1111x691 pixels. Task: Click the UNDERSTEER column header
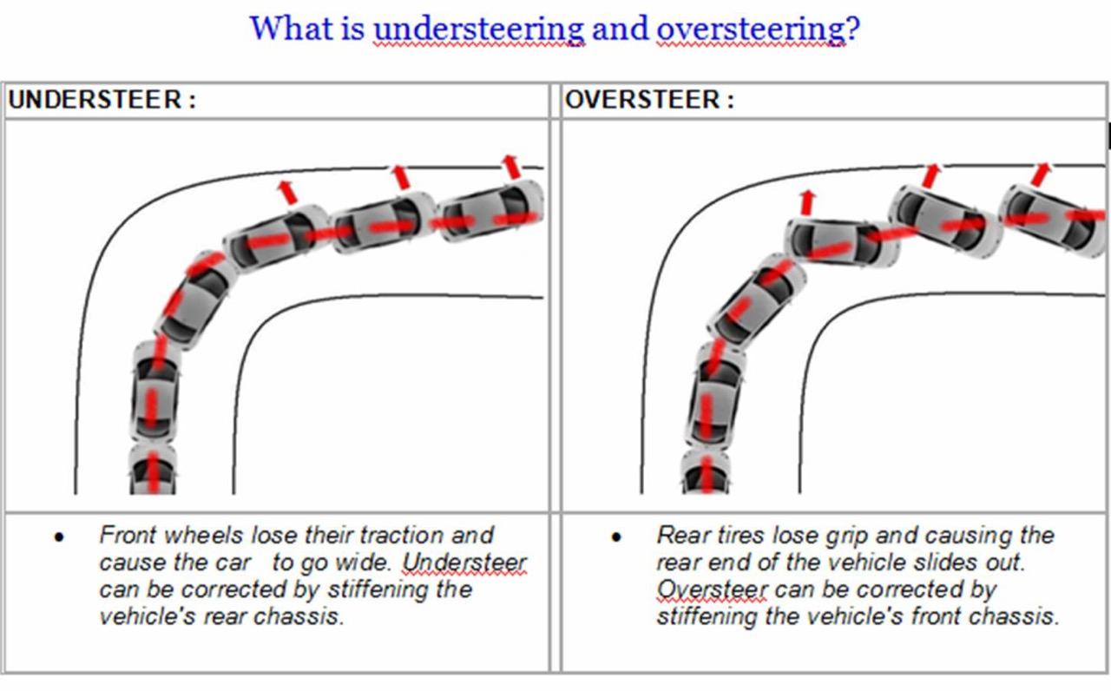pyautogui.click(x=102, y=99)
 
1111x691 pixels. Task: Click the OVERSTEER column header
pyautogui.click(x=649, y=99)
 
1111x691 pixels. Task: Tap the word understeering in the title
pyautogui.click(x=479, y=29)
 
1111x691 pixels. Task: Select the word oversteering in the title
pyautogui.click(x=753, y=29)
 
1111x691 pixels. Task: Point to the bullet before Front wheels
pyautogui.click(x=59, y=537)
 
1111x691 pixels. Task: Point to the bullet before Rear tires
pyautogui.click(x=616, y=537)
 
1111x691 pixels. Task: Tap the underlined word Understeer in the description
pyautogui.click(x=463, y=563)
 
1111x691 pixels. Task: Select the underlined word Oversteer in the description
pyautogui.click(x=712, y=589)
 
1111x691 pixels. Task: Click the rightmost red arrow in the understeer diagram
pyautogui.click(x=511, y=166)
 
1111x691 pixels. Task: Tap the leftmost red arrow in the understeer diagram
pyautogui.click(x=287, y=193)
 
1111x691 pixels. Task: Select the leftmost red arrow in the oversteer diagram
pyautogui.click(x=808, y=202)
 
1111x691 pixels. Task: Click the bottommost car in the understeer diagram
pyautogui.click(x=153, y=470)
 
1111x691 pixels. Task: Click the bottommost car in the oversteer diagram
pyautogui.click(x=706, y=471)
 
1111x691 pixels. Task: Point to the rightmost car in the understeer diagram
pyautogui.click(x=491, y=211)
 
